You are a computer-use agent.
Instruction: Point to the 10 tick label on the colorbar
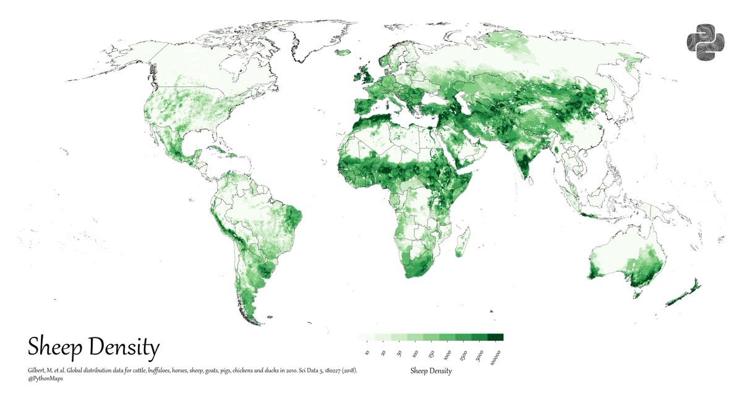pyautogui.click(x=367, y=353)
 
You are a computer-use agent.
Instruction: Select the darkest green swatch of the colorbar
pyautogui.click(x=495, y=337)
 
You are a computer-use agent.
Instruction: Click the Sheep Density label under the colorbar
pyautogui.click(x=431, y=371)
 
